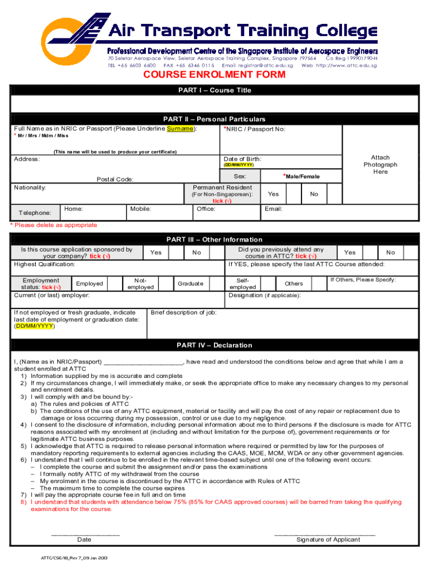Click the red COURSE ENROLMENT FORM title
[214, 75]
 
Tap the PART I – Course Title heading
[214, 90]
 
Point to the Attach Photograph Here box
[380, 165]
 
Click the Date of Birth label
[242, 159]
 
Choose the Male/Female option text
[301, 176]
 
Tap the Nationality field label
[30, 188]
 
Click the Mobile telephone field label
[141, 209]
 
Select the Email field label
[274, 209]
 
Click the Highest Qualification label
[44, 264]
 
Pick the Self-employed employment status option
[243, 283]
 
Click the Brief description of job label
[183, 313]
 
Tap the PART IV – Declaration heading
[214, 345]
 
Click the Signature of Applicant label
[328, 539]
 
